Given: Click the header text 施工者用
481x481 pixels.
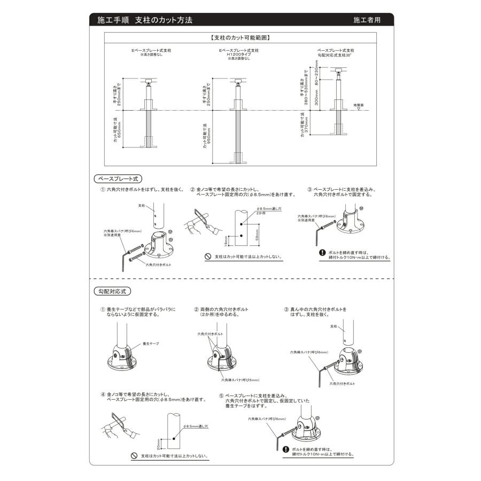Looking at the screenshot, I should pos(367,20).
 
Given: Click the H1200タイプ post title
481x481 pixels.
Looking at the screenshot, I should pos(238,55).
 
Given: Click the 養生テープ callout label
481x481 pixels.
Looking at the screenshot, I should pos(151,343).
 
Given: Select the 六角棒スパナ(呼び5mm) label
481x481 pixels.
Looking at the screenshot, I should pos(237,380).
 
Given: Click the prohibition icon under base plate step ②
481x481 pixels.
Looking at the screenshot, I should pos(208,257).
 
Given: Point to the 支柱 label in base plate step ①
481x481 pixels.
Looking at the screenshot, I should pos(142,205).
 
